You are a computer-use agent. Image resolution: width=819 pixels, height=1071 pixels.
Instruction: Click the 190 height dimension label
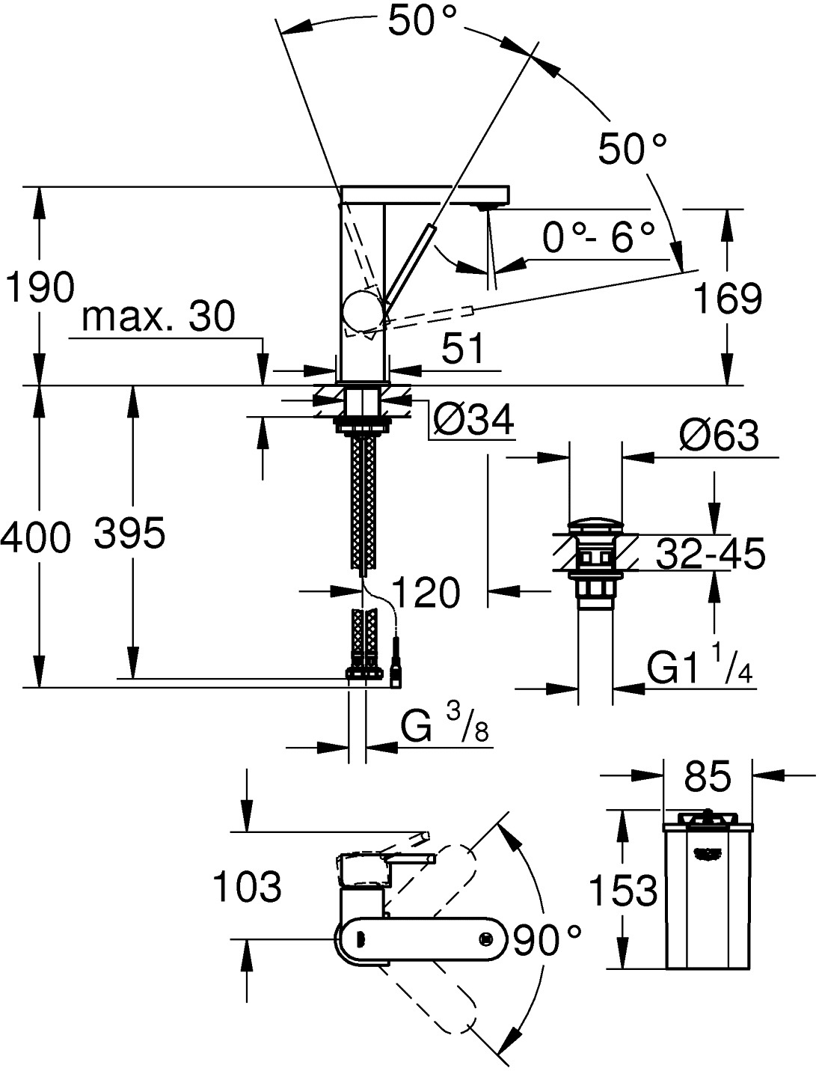pos(40,287)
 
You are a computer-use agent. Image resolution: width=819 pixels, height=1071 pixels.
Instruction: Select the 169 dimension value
pos(727,299)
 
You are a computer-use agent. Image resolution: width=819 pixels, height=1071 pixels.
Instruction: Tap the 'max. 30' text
pos(158,317)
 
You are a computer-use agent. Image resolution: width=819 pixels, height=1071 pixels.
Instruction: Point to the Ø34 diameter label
pos(474,421)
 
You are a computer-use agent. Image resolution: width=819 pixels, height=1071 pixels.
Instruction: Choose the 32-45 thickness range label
pos(710,555)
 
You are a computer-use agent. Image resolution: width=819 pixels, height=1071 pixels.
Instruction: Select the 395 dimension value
pos(130,534)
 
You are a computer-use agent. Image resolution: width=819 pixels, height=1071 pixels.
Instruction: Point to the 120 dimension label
pos(425,594)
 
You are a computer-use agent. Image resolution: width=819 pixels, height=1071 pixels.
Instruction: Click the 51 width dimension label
pos(463,350)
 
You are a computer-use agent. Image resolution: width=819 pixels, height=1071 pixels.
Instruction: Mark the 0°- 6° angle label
pos(598,239)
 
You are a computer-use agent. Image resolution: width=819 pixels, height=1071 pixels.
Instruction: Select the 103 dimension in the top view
pos(248,887)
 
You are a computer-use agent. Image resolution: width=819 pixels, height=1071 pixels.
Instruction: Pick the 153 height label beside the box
pos(622,891)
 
